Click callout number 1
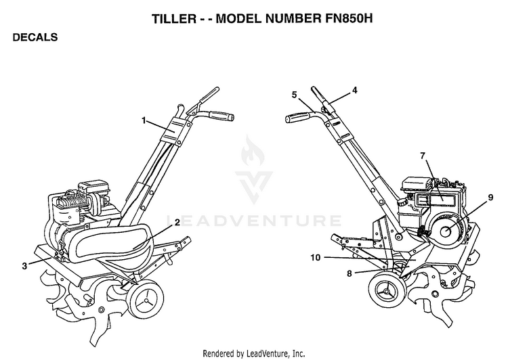(144, 120)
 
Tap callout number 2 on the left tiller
(177, 223)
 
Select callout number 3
(24, 266)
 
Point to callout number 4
(355, 90)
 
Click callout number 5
(294, 95)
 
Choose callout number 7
(423, 156)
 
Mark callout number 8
(350, 273)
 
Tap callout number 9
(490, 197)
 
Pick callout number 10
(316, 258)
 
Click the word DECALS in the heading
(35, 37)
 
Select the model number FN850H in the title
(349, 18)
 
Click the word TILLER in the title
(174, 18)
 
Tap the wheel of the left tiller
(146, 300)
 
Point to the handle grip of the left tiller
(221, 116)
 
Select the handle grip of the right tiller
(297, 117)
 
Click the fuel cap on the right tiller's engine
(402, 202)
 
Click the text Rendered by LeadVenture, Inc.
(254, 353)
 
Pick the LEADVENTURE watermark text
(254, 221)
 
